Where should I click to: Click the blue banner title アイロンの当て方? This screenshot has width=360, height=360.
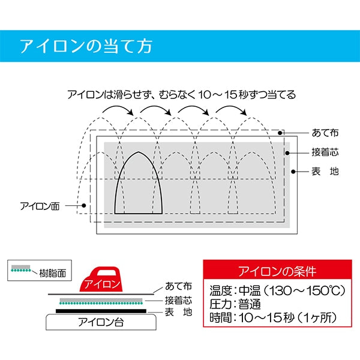(x=86, y=46)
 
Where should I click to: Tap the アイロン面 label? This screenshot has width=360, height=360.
(x=40, y=206)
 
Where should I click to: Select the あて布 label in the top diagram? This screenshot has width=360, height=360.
(x=325, y=133)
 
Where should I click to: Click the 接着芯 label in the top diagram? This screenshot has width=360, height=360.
(x=325, y=152)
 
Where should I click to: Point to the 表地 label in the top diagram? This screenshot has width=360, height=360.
(x=325, y=171)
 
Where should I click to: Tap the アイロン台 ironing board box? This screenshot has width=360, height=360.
(x=101, y=322)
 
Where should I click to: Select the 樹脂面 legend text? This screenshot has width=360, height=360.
(x=53, y=273)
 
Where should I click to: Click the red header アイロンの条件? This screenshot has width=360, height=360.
(x=277, y=271)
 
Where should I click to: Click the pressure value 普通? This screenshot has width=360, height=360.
(x=250, y=304)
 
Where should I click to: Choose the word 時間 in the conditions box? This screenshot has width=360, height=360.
(x=220, y=318)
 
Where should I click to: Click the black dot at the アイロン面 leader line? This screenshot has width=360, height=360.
(x=84, y=205)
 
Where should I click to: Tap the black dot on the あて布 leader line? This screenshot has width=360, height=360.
(x=280, y=133)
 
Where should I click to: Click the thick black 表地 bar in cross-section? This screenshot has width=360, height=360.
(x=101, y=311)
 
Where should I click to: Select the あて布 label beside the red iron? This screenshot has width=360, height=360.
(x=178, y=286)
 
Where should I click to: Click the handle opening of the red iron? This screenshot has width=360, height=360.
(x=107, y=272)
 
